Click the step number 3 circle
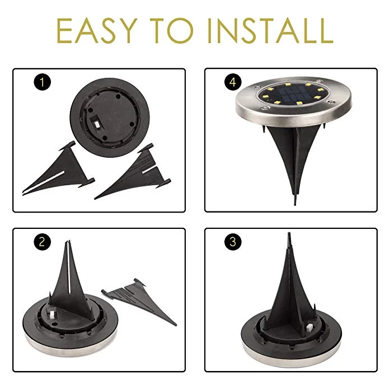pos(232,242)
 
